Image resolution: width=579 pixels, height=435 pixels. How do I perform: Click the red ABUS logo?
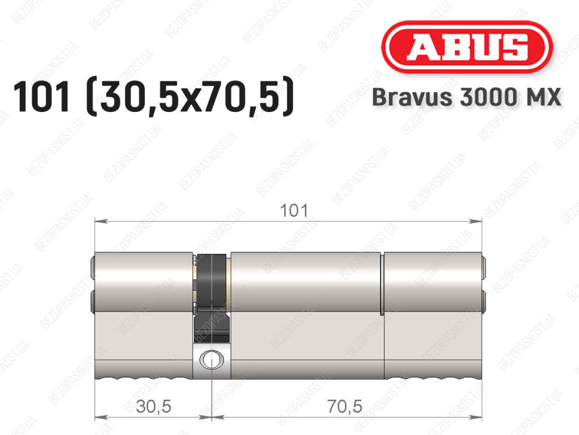click(x=467, y=48)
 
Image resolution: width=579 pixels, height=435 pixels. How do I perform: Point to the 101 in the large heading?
click(x=41, y=97)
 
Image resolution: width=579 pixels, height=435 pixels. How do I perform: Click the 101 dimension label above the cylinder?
click(x=294, y=211)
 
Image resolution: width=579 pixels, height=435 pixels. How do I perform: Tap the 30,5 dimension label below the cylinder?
click(x=154, y=407)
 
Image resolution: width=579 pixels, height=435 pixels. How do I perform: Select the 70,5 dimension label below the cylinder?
click(x=344, y=407)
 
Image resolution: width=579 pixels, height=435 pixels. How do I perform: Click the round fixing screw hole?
click(x=211, y=359)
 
